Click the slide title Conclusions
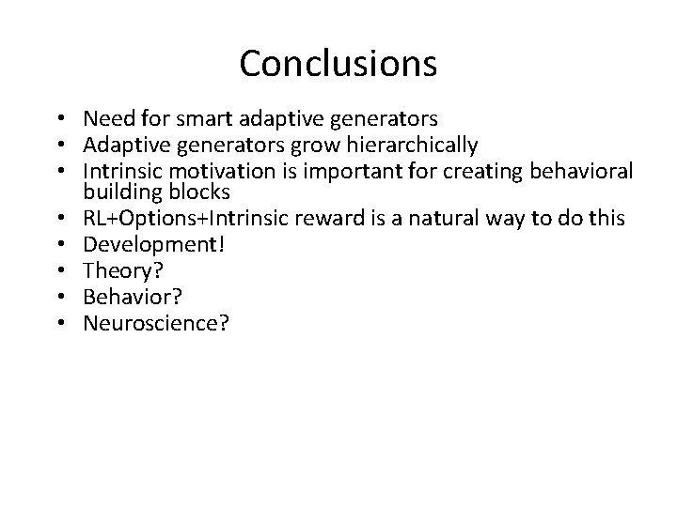click(338, 64)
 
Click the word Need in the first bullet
click(106, 119)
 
